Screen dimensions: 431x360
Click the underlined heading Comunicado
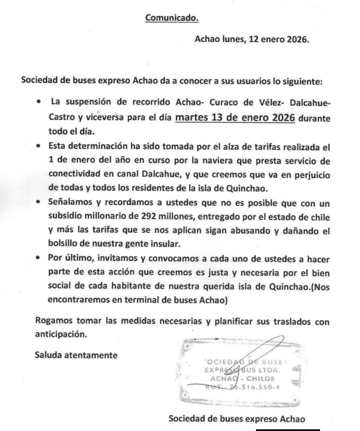(x=171, y=18)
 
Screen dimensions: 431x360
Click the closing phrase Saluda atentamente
(x=76, y=355)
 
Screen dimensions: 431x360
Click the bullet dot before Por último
(x=39, y=258)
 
